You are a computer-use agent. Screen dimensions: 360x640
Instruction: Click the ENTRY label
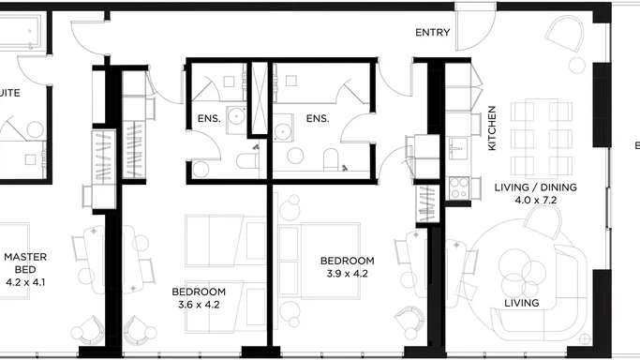pyautogui.click(x=433, y=33)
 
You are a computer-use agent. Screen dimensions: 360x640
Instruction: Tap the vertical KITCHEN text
pyautogui.click(x=491, y=128)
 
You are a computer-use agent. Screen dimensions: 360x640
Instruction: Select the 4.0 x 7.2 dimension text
pyautogui.click(x=535, y=201)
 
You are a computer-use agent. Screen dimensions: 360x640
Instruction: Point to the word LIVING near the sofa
pyautogui.click(x=522, y=304)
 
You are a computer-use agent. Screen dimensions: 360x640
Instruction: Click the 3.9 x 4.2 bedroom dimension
pyautogui.click(x=347, y=274)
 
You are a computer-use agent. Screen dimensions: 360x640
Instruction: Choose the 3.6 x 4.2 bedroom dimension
pyautogui.click(x=198, y=304)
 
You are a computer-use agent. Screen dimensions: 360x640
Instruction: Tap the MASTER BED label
pyautogui.click(x=25, y=268)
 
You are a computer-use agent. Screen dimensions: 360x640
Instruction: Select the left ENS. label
pyautogui.click(x=208, y=118)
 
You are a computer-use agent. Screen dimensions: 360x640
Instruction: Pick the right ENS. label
pyautogui.click(x=318, y=118)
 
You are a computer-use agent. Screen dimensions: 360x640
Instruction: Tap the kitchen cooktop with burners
pyautogui.click(x=458, y=187)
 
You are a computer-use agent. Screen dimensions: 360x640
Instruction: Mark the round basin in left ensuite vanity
pyautogui.click(x=237, y=116)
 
